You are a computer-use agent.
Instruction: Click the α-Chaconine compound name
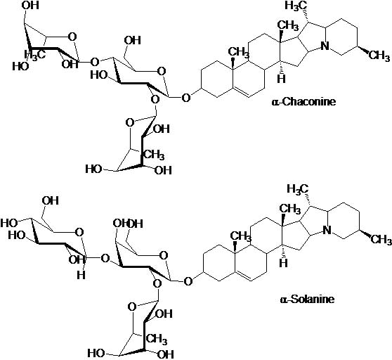(x=303, y=101)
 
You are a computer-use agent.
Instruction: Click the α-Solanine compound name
(x=307, y=299)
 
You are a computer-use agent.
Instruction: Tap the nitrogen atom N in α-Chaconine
(x=325, y=46)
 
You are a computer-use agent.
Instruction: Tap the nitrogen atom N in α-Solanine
(x=327, y=230)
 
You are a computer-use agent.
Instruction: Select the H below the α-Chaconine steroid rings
(x=281, y=79)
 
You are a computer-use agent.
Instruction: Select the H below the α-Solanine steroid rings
(x=284, y=263)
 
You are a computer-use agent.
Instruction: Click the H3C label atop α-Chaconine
(x=296, y=6)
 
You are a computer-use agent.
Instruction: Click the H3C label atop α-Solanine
(x=298, y=188)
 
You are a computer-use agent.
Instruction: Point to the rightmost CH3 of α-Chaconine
(x=379, y=56)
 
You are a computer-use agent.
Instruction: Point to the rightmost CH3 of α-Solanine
(x=381, y=240)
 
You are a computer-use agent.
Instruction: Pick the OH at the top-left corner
(x=30, y=5)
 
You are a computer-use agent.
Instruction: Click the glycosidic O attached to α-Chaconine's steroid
(x=186, y=98)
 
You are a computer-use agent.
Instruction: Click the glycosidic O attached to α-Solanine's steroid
(x=188, y=281)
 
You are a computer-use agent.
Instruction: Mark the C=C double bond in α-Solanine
(x=244, y=276)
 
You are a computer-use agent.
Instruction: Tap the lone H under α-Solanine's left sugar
(x=81, y=276)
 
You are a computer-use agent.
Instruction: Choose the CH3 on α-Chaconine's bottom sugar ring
(x=155, y=155)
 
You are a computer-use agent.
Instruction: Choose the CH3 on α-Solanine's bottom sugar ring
(x=157, y=340)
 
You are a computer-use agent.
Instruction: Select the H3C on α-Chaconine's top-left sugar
(x=35, y=55)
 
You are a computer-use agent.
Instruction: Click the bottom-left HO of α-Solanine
(x=96, y=353)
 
